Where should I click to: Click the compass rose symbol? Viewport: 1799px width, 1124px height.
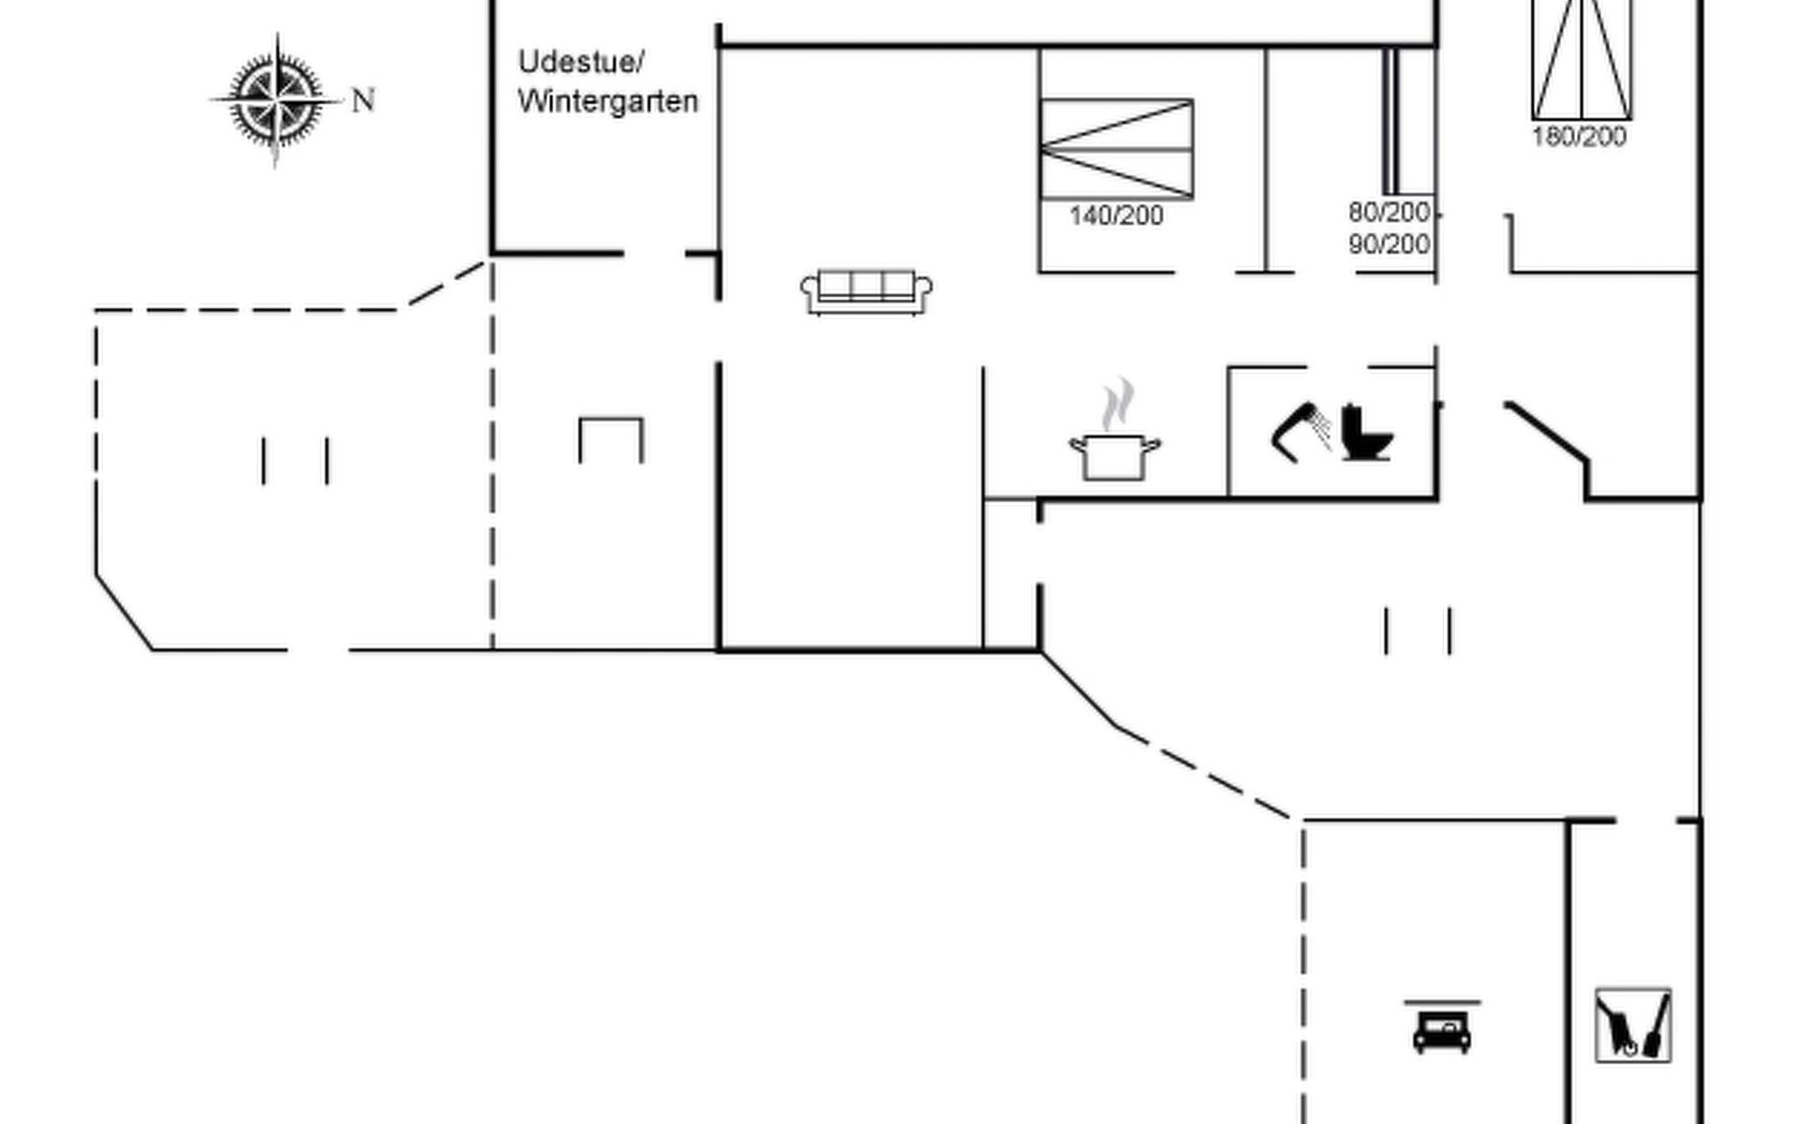pos(276,99)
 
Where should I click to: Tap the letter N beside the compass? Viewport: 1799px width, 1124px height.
pos(364,100)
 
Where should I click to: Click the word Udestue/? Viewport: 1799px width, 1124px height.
pos(581,63)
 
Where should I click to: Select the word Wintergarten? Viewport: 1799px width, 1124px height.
pos(608,101)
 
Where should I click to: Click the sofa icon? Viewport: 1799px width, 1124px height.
pos(867,291)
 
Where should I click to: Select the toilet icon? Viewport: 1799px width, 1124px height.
pos(1364,433)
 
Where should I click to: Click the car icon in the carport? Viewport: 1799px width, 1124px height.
pos(1442,1030)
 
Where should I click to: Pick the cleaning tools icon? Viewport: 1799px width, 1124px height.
pos(1633,1026)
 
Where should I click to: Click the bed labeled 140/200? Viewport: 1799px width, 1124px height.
pos(1116,149)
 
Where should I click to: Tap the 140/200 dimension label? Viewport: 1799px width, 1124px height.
pos(1116,216)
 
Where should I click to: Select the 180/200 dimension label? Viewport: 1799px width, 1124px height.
pos(1579,137)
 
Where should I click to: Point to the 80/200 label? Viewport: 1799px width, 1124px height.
pos(1390,213)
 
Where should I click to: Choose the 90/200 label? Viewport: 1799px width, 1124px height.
pos(1390,244)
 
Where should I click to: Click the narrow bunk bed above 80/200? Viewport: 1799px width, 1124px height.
pos(1390,122)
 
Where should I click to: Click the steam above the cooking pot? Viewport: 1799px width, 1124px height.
pos(1117,404)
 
